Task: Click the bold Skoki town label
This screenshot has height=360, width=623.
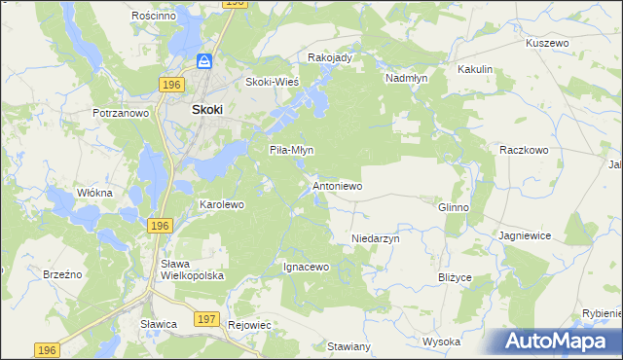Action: (x=206, y=110)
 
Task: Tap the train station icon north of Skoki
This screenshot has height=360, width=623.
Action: (x=205, y=61)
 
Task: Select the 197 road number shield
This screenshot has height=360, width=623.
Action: (x=205, y=318)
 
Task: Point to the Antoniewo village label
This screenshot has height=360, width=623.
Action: (x=337, y=185)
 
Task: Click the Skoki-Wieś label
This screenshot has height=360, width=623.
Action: (x=272, y=82)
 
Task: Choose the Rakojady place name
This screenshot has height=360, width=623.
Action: (x=329, y=57)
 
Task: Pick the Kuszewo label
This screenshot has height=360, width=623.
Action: (x=546, y=44)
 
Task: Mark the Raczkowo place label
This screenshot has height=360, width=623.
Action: (x=525, y=151)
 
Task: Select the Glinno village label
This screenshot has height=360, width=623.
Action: (x=454, y=207)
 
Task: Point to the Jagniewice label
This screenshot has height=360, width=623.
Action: (x=525, y=236)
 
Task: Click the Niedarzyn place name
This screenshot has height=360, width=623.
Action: (x=376, y=237)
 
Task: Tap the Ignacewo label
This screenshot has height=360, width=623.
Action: (x=306, y=266)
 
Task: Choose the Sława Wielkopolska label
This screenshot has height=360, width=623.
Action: (x=193, y=270)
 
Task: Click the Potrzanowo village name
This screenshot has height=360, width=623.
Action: (x=121, y=113)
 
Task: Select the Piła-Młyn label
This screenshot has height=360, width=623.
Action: (x=291, y=150)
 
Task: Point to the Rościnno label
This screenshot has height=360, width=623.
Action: (x=153, y=17)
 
